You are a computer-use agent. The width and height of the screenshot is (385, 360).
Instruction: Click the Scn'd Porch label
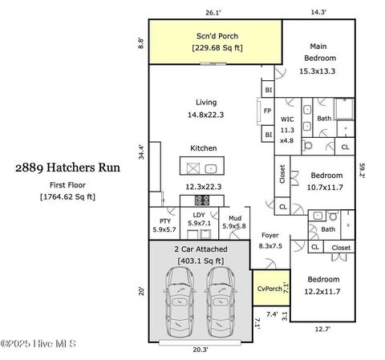point(217,36)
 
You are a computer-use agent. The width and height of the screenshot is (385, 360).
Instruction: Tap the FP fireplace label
point(267,111)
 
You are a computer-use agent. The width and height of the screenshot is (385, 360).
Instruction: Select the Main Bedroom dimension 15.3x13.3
point(317,71)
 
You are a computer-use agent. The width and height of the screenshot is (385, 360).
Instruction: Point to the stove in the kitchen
point(202,200)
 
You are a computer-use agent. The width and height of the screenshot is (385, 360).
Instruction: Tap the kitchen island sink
point(211,168)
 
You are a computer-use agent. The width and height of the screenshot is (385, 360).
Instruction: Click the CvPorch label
point(269,289)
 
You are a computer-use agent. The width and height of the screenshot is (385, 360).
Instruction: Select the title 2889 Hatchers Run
point(67,168)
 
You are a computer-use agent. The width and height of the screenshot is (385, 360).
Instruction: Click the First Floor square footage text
point(67,197)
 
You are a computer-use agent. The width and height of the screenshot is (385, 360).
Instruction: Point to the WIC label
point(287,119)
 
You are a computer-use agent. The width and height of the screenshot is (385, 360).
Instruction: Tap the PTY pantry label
point(165,221)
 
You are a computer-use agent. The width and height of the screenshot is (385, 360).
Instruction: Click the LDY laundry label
point(199,215)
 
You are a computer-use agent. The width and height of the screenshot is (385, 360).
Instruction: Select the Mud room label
point(235,218)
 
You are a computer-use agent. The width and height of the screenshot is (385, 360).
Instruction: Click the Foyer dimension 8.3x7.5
point(270,246)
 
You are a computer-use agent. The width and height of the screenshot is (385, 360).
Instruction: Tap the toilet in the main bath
point(307,146)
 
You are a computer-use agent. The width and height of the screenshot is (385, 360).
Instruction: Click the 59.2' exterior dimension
point(363,170)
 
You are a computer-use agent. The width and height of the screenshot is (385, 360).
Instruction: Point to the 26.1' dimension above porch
point(213,13)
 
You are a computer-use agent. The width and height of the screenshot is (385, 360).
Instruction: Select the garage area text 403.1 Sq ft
point(201,261)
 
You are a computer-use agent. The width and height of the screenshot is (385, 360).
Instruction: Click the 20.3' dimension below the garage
point(201,350)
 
